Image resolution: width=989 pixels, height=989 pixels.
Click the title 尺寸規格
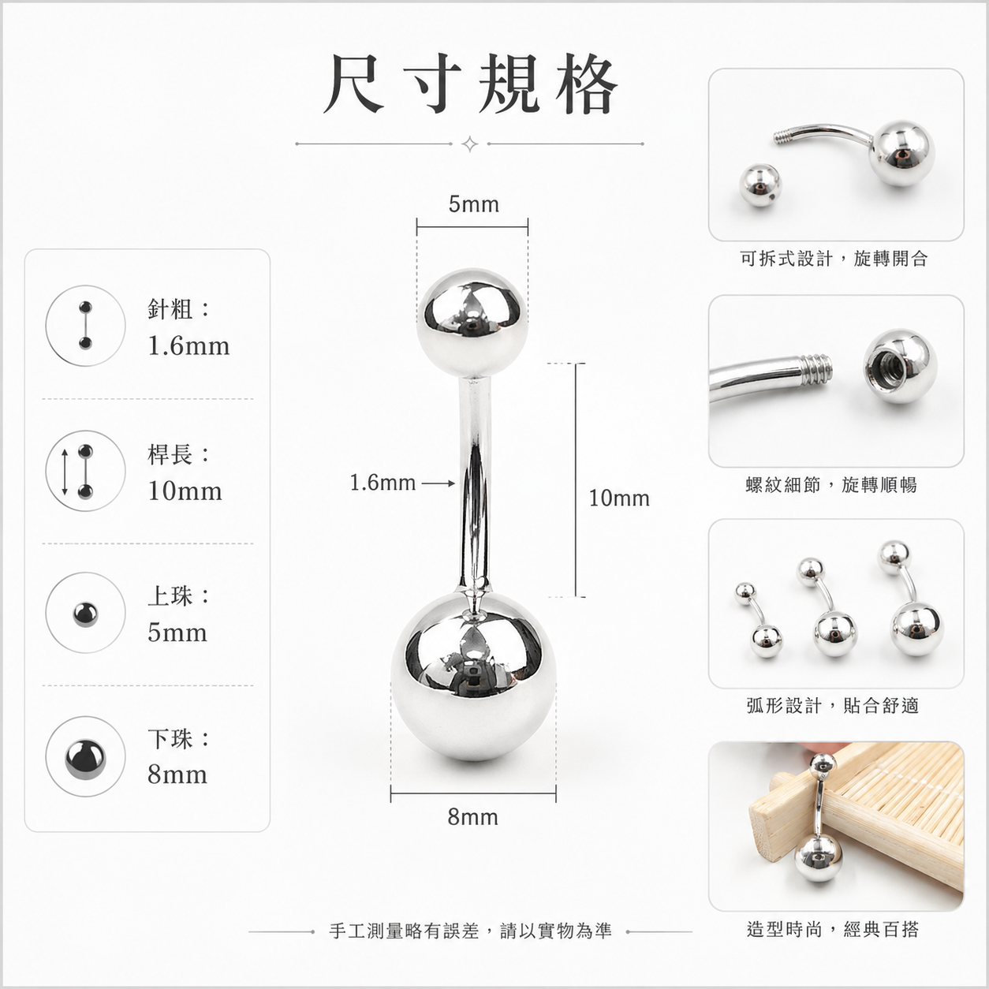click(x=470, y=84)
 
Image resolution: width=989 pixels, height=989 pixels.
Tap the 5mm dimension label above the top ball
click(x=473, y=205)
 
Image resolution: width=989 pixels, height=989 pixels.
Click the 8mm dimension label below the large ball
click(x=472, y=817)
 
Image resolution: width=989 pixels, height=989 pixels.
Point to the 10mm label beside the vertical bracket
click(x=619, y=498)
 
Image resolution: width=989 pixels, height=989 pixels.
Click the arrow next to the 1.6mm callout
click(x=439, y=483)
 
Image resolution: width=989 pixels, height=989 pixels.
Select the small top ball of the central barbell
click(x=472, y=323)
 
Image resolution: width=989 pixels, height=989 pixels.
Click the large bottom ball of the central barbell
click(x=473, y=677)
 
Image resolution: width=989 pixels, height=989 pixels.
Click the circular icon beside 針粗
click(x=85, y=326)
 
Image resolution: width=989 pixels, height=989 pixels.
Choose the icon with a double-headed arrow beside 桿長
click(x=85, y=471)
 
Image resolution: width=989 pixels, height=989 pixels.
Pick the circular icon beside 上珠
click(x=85, y=614)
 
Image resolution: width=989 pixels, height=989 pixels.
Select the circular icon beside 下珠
click(x=85, y=756)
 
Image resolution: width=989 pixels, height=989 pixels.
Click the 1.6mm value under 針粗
click(x=188, y=346)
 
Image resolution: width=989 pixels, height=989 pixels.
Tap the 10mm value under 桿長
click(x=185, y=491)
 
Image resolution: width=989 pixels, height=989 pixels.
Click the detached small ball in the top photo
click(x=760, y=185)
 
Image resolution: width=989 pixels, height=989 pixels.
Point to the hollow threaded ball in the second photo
click(x=900, y=366)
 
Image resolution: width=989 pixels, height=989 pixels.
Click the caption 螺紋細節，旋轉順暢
click(x=831, y=484)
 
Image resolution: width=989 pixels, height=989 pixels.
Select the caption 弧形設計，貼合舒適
click(x=833, y=706)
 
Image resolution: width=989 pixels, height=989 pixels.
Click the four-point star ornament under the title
click(x=469, y=144)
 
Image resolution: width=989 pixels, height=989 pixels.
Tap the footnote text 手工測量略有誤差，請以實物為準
click(x=471, y=931)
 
